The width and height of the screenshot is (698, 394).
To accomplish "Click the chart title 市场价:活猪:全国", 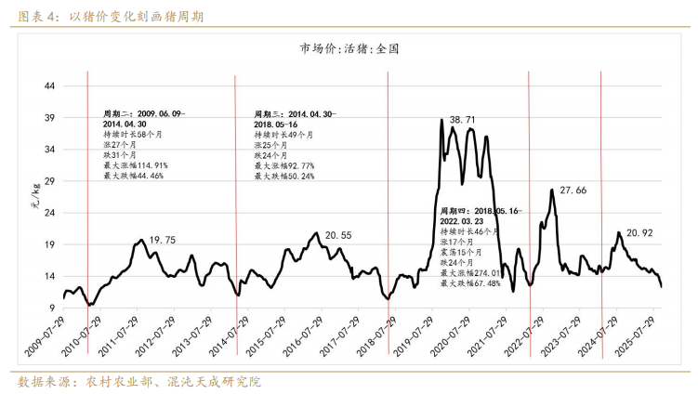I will coord(349,49).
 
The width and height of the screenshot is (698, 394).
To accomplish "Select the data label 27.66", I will coord(573,190).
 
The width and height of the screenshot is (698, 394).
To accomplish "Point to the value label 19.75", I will coord(163,240).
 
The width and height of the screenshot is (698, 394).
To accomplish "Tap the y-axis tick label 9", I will coord(54,309).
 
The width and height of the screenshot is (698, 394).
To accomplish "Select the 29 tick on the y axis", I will coord(51,181).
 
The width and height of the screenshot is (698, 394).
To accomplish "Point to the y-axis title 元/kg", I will coord(35,195).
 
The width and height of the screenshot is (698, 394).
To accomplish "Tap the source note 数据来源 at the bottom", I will coord(139,381).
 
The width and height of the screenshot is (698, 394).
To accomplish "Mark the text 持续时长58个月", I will coord(131,134).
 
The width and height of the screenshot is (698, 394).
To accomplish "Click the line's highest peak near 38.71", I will coord(441,120).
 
